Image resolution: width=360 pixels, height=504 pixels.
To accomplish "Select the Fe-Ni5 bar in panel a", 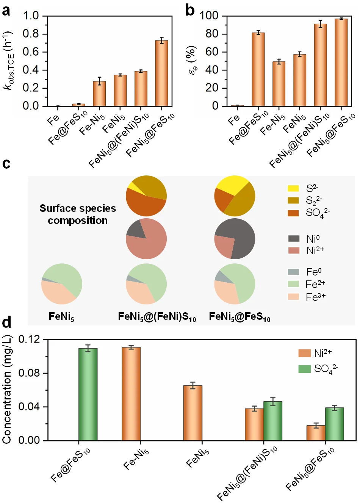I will tap(99, 94).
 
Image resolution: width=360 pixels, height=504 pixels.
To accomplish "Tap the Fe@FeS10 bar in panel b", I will tap(258, 69).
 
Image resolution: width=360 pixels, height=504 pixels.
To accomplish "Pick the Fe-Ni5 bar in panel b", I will tap(279, 84).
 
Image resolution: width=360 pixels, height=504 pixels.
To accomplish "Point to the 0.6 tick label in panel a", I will tap(31, 52).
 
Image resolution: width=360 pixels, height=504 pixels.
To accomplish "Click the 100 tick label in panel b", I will tap(209, 16).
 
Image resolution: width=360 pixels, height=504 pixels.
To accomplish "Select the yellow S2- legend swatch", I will tap(293, 188).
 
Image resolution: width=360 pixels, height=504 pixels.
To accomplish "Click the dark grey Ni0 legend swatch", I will tap(294, 238).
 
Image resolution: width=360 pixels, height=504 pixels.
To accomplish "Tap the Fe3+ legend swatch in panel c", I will tap(294, 297).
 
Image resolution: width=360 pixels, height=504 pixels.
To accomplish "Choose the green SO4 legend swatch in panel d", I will tap(304, 368).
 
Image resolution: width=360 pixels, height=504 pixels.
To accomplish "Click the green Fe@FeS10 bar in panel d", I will tap(88, 394).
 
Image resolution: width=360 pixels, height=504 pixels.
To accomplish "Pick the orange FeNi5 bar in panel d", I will tap(193, 413).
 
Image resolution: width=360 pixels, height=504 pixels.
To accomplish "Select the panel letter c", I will tap(6, 164).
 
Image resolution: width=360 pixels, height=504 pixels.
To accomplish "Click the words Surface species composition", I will tap(78, 214).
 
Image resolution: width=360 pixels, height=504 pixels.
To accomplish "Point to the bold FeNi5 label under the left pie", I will tap(61, 316).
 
